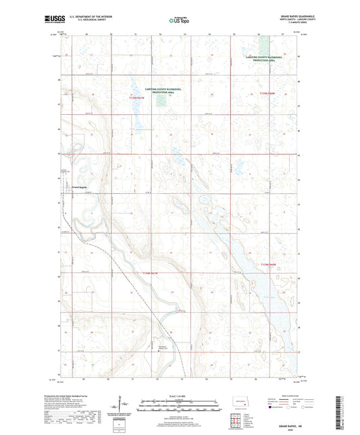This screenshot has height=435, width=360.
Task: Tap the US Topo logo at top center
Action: click(179, 20)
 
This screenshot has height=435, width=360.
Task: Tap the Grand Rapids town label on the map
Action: click(80, 188)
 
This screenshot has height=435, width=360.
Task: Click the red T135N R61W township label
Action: click(137, 99)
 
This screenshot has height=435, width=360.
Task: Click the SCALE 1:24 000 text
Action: click(179, 395)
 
